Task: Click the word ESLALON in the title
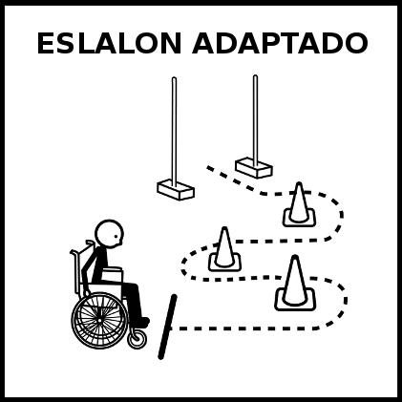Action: tap(109, 43)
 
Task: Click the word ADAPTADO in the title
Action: tap(280, 43)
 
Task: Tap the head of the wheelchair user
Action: tap(109, 234)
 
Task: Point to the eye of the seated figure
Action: tap(116, 237)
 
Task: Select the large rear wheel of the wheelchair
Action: tap(100, 320)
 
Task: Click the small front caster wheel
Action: tap(138, 339)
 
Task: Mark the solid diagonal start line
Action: tap(167, 327)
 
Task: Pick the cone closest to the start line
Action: tap(295, 284)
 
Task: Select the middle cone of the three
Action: tap(224, 250)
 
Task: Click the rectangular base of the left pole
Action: tap(176, 190)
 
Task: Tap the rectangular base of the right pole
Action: tap(254, 167)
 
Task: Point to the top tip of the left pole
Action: tap(174, 78)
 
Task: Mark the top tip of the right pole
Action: tap(255, 76)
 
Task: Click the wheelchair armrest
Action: tap(112, 270)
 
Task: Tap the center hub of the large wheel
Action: tap(100, 320)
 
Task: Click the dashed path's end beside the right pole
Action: tap(208, 167)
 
